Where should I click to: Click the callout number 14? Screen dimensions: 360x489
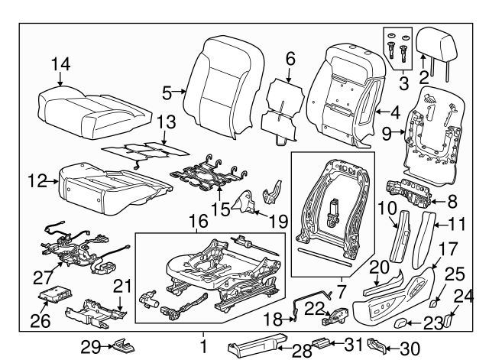[60, 65]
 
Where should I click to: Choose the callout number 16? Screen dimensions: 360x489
[199, 222]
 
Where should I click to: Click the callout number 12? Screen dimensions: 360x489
[35, 181]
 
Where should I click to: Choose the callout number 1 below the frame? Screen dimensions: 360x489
[202, 346]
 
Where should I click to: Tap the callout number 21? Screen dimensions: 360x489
[124, 287]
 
